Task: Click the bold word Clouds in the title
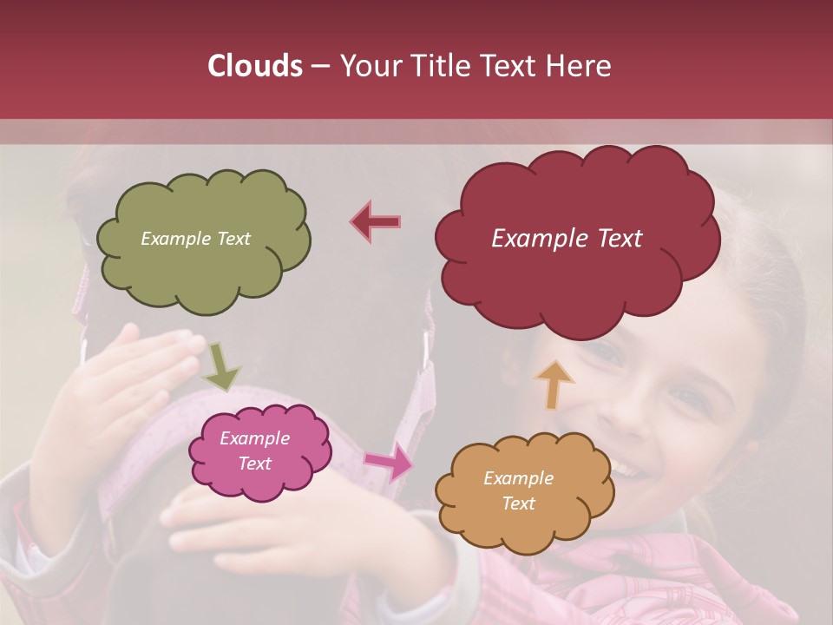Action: [x=255, y=66]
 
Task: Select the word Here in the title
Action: [x=579, y=66]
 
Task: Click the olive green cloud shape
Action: [x=203, y=269]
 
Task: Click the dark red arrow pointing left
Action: [x=375, y=221]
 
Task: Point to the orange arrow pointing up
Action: [x=554, y=384]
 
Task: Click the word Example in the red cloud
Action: [x=531, y=239]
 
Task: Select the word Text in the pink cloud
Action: [x=255, y=464]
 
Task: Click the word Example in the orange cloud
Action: [x=518, y=478]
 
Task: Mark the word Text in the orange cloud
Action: [x=518, y=503]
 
